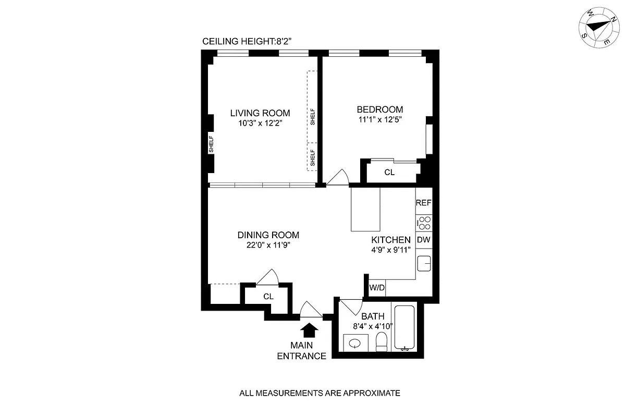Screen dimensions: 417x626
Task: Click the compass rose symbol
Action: coord(597,28)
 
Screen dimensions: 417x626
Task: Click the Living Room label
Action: coord(260,113)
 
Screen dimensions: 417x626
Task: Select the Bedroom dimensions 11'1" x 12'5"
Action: coord(379,119)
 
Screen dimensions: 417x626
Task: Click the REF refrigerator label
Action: coord(423,203)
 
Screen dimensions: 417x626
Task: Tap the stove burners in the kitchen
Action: coord(424,223)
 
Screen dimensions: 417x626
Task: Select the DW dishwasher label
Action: coord(423,240)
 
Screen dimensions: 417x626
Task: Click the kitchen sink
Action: coord(424,263)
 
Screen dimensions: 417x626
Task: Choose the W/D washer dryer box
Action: coord(376,288)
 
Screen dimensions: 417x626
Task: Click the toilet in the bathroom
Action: coord(382,342)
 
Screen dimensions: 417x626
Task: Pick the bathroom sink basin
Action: coord(355,344)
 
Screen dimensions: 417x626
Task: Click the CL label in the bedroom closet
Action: coord(389,173)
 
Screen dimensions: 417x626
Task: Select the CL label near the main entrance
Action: coord(268,297)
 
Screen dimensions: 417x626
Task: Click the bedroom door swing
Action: coord(337,178)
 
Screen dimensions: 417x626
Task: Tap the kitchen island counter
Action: coord(365,209)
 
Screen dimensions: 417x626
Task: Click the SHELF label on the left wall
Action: coord(211,148)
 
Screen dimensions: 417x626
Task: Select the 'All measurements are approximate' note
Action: coord(319,393)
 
